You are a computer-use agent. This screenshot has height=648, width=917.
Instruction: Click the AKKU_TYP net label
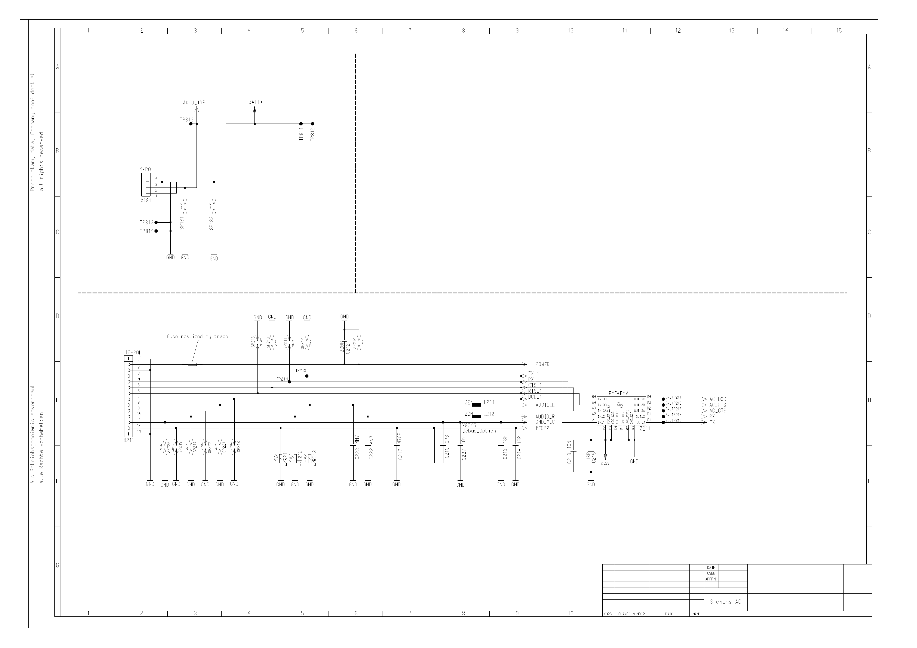click(x=194, y=103)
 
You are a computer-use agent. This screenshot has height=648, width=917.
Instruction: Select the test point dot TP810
click(x=191, y=124)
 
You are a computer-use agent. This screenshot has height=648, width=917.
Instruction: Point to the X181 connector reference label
click(x=146, y=200)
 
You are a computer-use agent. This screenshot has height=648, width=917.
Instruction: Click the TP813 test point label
click(x=147, y=222)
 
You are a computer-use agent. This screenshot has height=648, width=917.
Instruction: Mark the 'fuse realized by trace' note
click(x=197, y=337)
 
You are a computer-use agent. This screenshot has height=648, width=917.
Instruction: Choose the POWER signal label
click(x=542, y=364)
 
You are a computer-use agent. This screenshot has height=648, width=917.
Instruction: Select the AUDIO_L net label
click(x=545, y=405)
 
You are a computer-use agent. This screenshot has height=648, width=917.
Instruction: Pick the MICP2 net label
click(x=542, y=428)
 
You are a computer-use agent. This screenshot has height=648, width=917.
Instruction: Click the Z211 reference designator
click(x=645, y=428)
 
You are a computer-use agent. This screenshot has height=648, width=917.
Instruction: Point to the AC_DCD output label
click(x=718, y=399)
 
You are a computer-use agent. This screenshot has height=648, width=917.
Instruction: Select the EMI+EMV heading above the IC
click(x=618, y=393)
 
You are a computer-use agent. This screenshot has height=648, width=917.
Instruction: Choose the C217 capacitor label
click(x=400, y=454)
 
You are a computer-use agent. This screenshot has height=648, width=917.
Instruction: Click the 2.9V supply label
click(x=605, y=463)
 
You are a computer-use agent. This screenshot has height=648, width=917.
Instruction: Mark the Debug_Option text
click(x=479, y=431)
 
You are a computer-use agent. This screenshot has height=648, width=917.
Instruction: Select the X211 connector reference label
click(x=128, y=440)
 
